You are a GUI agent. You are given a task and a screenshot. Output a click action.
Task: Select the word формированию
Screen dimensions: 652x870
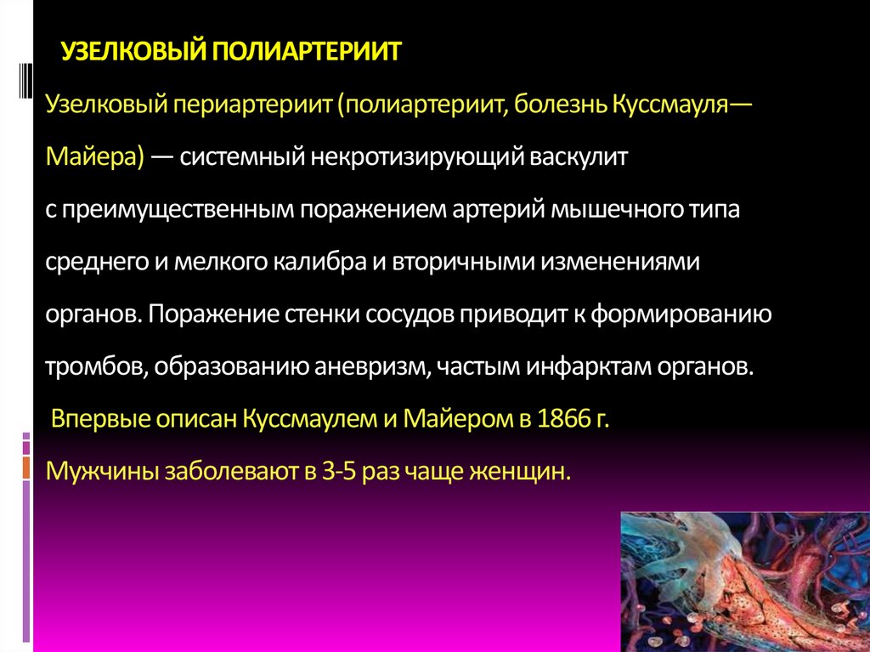[680, 315]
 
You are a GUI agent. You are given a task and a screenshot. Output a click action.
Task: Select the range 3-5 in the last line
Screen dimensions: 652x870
[339, 471]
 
